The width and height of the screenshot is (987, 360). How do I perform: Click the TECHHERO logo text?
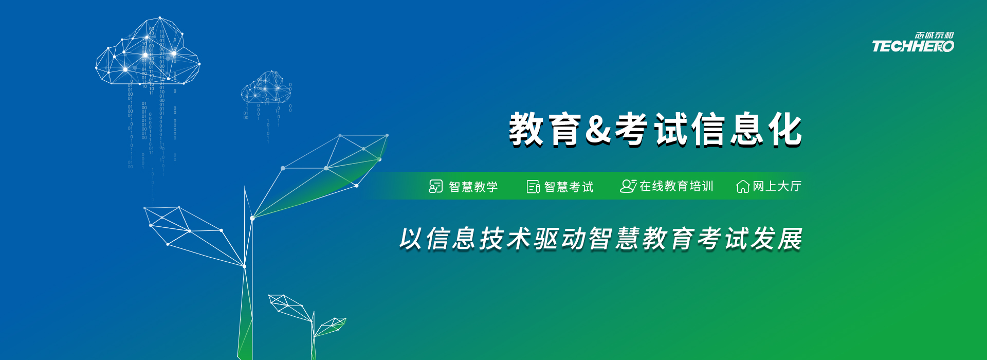tap(913, 46)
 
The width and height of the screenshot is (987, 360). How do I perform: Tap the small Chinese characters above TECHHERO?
tap(934, 35)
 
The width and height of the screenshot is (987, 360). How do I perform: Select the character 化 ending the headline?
tap(785, 129)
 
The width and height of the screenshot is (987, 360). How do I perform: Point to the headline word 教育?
tap(545, 130)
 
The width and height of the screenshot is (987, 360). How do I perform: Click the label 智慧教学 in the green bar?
tap(473, 187)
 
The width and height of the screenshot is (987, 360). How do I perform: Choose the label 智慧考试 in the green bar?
tap(569, 187)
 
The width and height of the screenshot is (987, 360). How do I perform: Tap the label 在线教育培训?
tap(677, 186)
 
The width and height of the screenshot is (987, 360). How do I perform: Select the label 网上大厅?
tap(777, 186)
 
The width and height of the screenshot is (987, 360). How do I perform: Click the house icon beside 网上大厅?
tap(743, 186)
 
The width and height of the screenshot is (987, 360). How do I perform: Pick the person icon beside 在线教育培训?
tap(628, 186)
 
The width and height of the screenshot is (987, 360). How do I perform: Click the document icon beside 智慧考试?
tap(533, 186)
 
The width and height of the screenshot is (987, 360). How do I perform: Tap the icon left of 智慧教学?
tap(435, 186)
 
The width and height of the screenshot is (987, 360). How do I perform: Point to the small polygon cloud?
tap(266, 87)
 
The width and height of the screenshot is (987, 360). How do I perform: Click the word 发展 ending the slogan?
tap(777, 239)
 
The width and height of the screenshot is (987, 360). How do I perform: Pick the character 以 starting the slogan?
tap(411, 239)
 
